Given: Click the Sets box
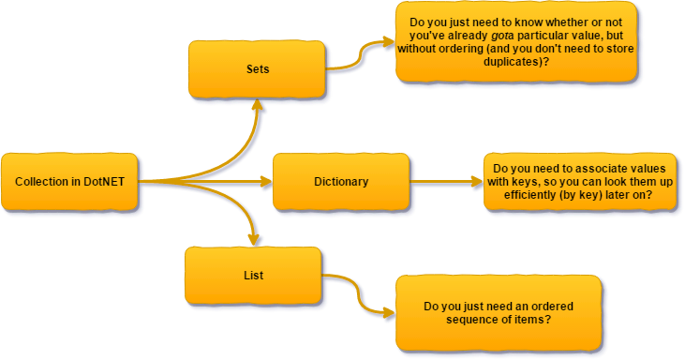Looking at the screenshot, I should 257,69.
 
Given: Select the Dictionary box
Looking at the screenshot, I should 341,181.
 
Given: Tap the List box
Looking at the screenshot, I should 253,275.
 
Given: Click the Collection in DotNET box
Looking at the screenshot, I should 70,181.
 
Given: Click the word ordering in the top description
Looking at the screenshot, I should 483,48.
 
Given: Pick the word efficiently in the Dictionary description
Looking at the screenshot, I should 525,195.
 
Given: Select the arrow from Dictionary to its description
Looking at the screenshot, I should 445,182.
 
